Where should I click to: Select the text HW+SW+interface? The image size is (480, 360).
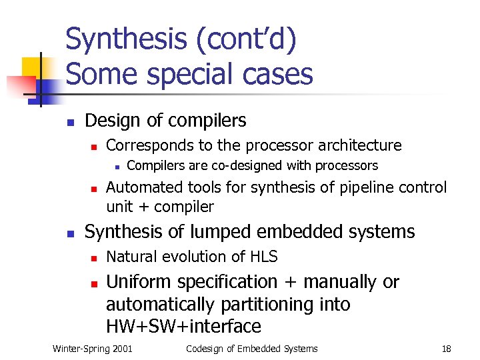183,327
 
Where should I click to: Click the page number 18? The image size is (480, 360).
446,349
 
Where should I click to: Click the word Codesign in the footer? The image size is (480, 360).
207,349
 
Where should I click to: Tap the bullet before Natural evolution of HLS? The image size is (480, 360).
94,258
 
